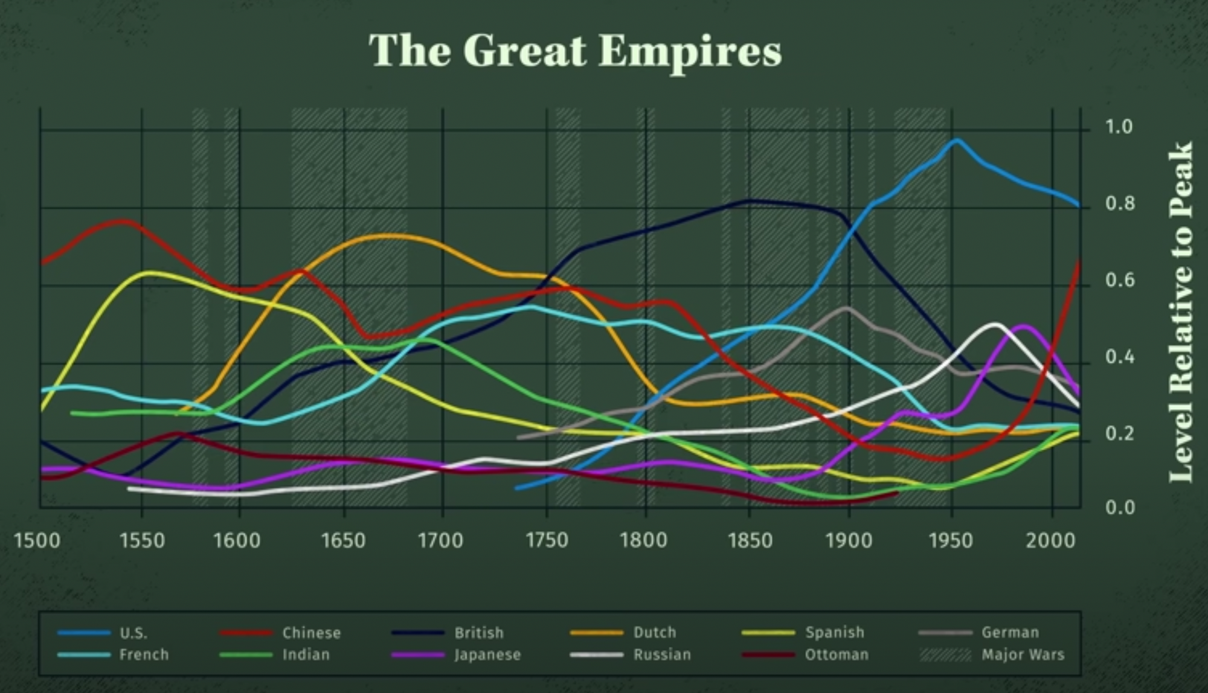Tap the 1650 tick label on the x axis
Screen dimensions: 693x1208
click(x=343, y=540)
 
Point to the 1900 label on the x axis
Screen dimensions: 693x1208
click(x=849, y=540)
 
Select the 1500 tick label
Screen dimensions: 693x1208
click(x=37, y=540)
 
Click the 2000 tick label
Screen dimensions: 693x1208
click(x=1050, y=540)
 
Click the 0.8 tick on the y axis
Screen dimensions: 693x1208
click(x=1120, y=204)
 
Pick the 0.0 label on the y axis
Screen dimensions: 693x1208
click(x=1120, y=508)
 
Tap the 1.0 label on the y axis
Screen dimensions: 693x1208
click(x=1119, y=127)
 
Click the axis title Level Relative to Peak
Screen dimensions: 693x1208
click(x=1181, y=312)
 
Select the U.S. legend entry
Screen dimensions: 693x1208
click(x=133, y=633)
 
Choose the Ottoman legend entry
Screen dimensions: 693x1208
click(x=837, y=655)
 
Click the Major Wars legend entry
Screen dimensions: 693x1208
click(x=1023, y=655)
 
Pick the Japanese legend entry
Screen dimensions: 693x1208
click(x=487, y=655)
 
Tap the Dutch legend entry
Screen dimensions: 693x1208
click(x=655, y=633)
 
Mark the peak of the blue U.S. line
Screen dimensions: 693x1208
click(x=956, y=141)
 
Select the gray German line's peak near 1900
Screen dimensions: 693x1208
click(x=846, y=308)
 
